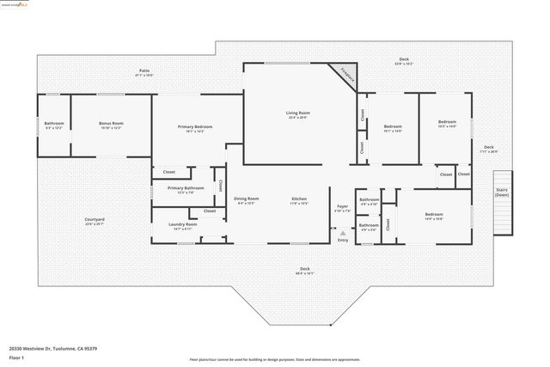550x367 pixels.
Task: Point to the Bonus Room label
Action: pyautogui.click(x=112, y=125)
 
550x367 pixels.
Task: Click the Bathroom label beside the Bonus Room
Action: pyautogui.click(x=54, y=125)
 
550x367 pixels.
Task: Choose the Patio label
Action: pyautogui.click(x=145, y=72)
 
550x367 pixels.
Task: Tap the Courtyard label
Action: pyautogui.click(x=95, y=222)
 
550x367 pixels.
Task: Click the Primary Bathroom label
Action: pyautogui.click(x=186, y=190)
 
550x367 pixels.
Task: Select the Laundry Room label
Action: pyautogui.click(x=183, y=227)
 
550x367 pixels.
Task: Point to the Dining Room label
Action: pyautogui.click(x=247, y=200)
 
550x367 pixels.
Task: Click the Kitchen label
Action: pyautogui.click(x=299, y=200)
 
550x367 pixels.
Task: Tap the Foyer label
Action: pyautogui.click(x=342, y=208)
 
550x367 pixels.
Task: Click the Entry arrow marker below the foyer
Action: pyautogui.click(x=343, y=233)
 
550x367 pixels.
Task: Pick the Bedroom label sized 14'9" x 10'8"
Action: pyautogui.click(x=433, y=217)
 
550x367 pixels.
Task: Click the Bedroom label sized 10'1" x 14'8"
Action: pyautogui.click(x=393, y=129)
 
